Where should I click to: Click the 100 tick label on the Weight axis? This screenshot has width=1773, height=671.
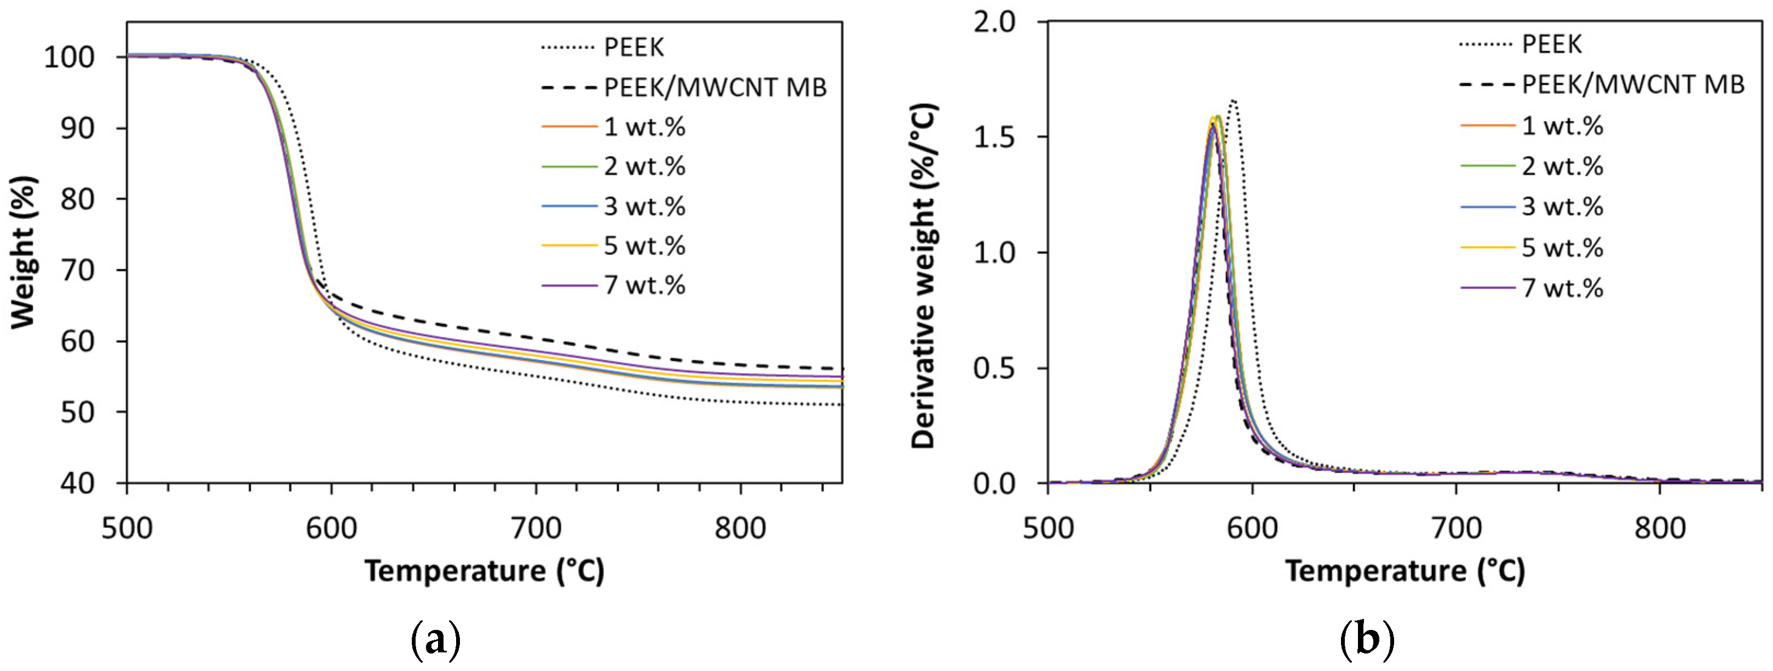point(69,57)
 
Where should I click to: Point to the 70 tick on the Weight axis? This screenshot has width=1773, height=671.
point(77,271)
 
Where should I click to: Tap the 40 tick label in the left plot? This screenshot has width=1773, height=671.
point(77,484)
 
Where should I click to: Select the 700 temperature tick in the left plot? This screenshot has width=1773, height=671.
point(536,529)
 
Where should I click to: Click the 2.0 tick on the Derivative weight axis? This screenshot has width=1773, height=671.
point(994,22)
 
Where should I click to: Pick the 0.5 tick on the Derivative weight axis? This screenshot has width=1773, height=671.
point(994,369)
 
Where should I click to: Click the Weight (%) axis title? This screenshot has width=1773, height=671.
point(24,253)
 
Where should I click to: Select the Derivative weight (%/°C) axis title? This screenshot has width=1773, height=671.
point(924,276)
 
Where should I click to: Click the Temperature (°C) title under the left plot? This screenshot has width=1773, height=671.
point(485,571)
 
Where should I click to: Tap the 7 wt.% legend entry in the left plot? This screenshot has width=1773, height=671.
point(644,285)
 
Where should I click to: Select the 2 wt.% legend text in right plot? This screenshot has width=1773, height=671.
point(1562,167)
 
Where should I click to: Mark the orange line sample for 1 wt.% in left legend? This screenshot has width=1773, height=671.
point(569,127)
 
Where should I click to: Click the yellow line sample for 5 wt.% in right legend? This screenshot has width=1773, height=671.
point(1487,247)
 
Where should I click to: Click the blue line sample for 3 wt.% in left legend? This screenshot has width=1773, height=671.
point(569,206)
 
